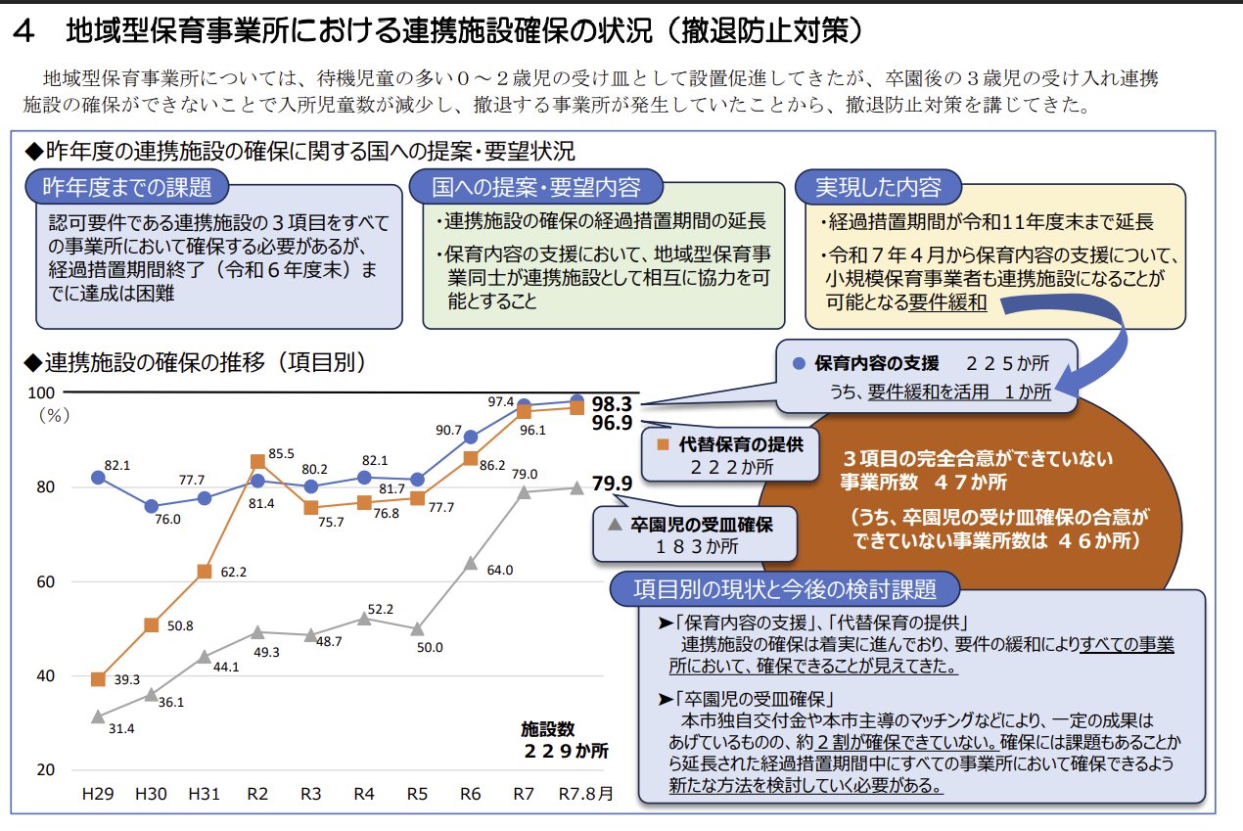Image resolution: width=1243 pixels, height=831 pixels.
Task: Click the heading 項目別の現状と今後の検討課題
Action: (x=784, y=589)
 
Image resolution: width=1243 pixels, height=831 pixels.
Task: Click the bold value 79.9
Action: (x=612, y=483)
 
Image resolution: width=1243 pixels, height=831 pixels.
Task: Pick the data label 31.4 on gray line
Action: (x=123, y=727)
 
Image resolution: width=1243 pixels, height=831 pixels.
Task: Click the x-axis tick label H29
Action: (x=97, y=793)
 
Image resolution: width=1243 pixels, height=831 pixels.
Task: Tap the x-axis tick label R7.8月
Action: (x=585, y=793)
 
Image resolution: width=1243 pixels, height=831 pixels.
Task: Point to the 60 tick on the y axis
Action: (x=45, y=581)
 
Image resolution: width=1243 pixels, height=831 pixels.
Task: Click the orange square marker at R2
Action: (x=257, y=461)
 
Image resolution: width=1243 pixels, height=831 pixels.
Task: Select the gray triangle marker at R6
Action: (x=471, y=563)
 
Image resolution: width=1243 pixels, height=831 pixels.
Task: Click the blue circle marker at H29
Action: (x=98, y=477)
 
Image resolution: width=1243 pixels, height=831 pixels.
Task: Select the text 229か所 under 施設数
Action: (x=565, y=751)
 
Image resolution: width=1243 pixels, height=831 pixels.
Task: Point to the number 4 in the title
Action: (x=26, y=32)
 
